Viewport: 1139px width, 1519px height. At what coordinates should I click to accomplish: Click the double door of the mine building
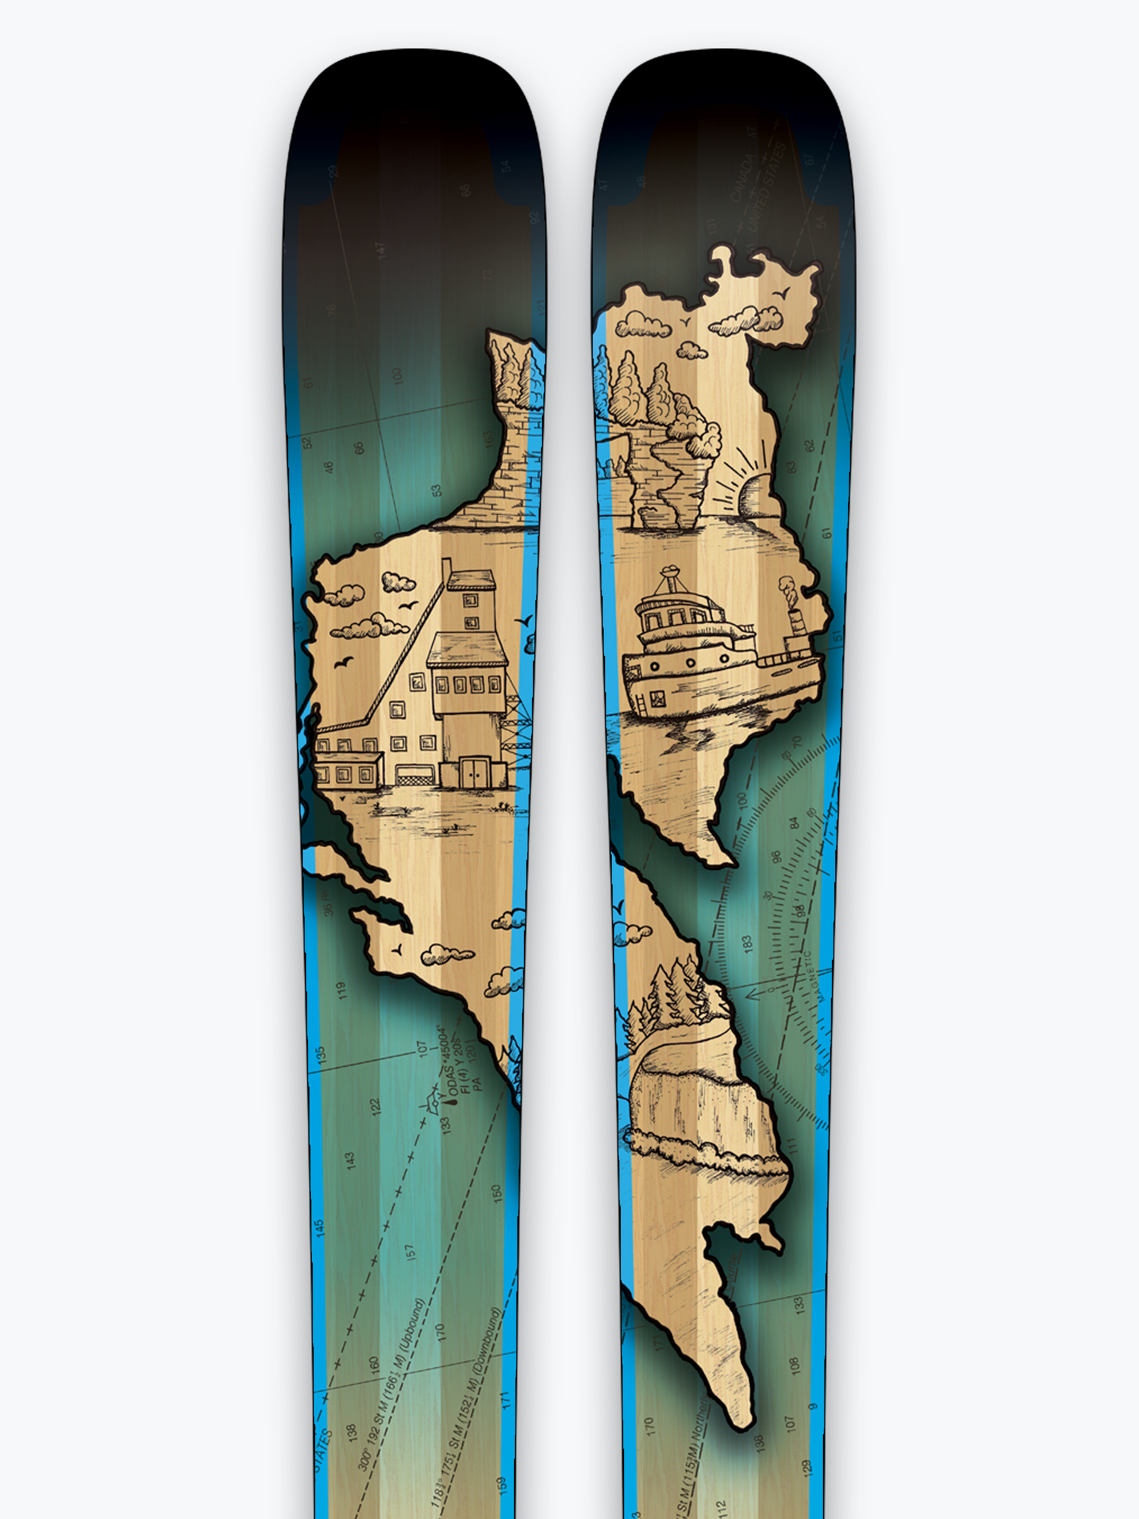click(x=474, y=772)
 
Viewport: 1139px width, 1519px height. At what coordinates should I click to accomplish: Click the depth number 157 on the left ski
click(x=410, y=1252)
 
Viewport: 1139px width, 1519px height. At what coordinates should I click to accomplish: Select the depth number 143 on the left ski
click(x=350, y=1161)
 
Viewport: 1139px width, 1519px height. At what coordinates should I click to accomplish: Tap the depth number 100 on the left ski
click(x=397, y=375)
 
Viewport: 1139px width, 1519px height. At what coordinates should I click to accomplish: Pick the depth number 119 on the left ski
click(x=341, y=990)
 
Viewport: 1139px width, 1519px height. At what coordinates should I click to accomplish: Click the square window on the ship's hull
click(x=658, y=700)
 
